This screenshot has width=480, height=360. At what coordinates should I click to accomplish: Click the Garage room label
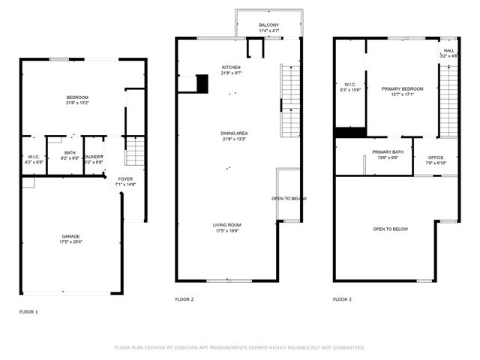coord(70,238)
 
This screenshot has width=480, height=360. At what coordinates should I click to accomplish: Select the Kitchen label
coord(231,70)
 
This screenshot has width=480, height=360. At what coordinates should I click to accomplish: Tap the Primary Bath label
coord(388,154)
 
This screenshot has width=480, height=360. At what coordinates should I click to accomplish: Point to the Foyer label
coord(125,181)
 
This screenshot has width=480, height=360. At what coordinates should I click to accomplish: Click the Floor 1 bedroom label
coord(77,100)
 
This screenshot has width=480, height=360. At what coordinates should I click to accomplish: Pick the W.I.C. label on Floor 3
coord(350,87)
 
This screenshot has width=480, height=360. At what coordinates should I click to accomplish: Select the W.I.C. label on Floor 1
coord(34,158)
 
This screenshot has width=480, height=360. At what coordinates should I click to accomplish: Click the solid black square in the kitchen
coord(202,83)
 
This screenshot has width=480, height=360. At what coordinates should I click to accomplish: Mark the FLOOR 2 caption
coord(184,299)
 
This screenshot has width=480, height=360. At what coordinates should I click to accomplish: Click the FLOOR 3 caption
coord(342,299)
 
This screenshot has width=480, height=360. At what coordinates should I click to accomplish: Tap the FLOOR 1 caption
coord(28,310)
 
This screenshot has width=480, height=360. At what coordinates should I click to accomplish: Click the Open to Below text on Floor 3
coord(390,229)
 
